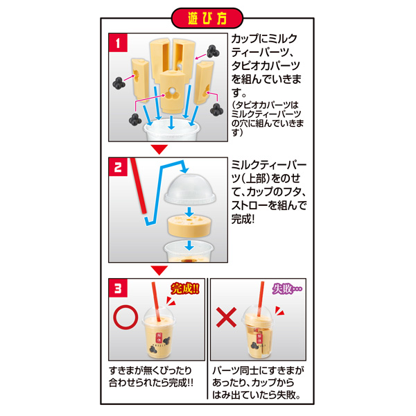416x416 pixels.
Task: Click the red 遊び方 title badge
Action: pos(207,18)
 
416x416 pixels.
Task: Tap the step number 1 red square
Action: pos(118,43)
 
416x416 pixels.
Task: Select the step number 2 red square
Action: pos(118,167)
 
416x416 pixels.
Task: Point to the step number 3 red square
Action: pos(118,288)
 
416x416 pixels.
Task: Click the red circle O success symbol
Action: pos(125,318)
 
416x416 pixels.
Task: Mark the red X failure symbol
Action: pos(226,318)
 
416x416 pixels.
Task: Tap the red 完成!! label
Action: pos(185,288)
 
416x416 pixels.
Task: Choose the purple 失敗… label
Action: pos(287,288)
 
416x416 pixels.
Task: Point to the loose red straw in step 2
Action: pos(138,186)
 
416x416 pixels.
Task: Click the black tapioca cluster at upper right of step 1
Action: pos(213,51)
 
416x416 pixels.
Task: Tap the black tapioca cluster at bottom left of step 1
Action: pos(135,120)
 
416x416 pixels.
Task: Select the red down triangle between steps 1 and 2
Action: pos(159,149)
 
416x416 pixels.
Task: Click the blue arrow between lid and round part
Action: pos(189,211)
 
